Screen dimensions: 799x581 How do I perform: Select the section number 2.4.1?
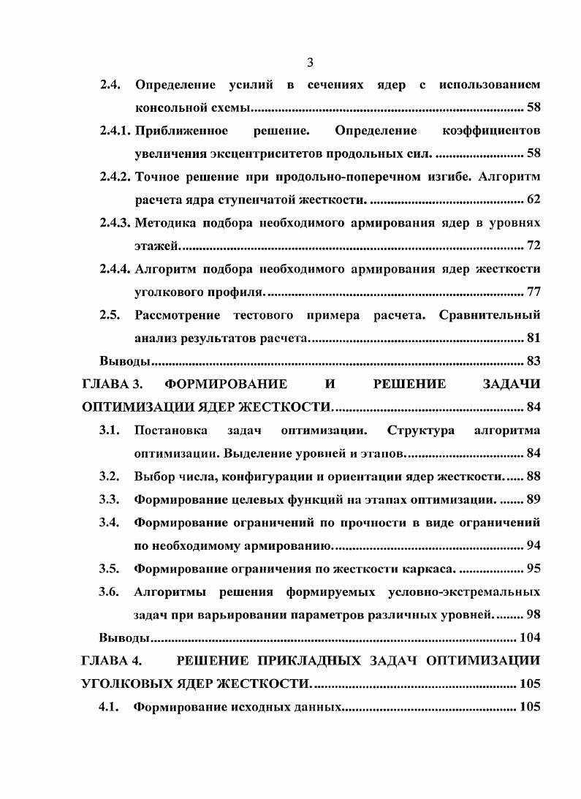(x=115, y=131)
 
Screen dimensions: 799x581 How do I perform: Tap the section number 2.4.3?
(x=115, y=221)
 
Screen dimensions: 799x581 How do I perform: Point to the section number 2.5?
(x=110, y=315)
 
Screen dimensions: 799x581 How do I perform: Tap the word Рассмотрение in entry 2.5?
(x=180, y=315)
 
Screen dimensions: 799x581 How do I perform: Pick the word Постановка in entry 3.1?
(x=170, y=431)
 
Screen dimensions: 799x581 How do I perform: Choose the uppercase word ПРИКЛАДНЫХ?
(x=318, y=661)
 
